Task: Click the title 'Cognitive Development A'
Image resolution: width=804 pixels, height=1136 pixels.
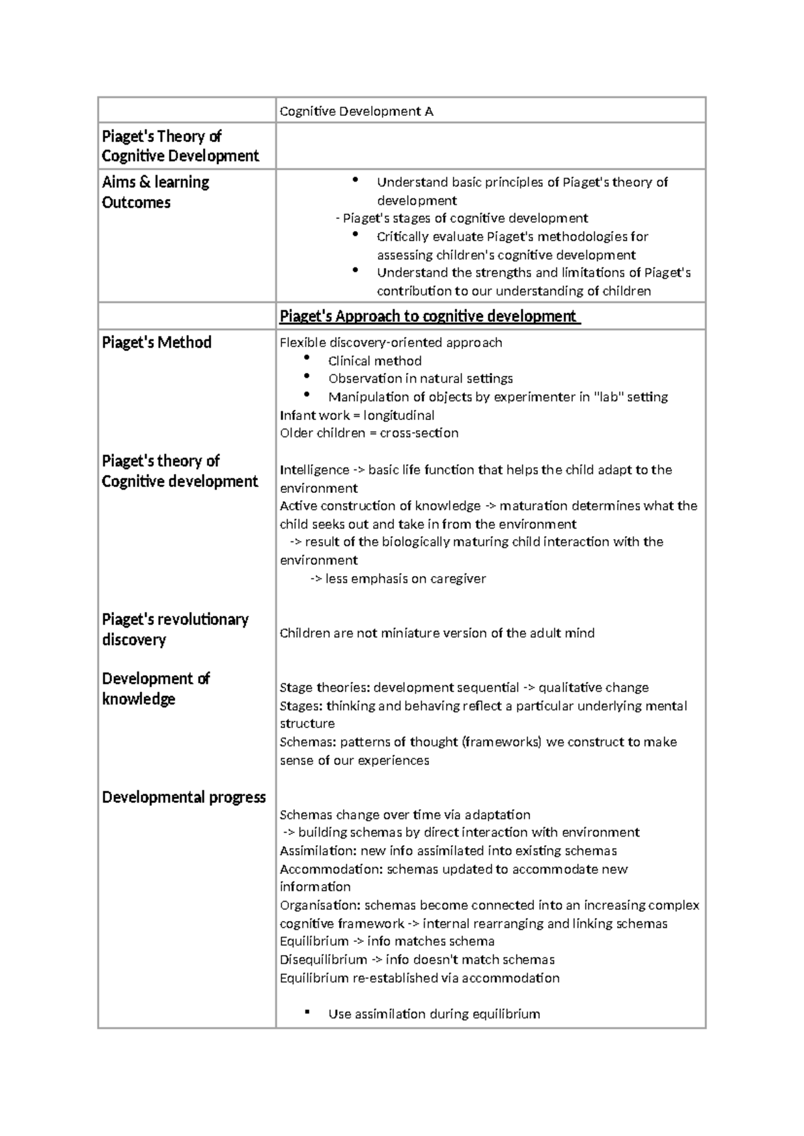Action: point(356,111)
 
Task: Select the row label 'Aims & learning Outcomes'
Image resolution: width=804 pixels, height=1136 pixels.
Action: point(155,192)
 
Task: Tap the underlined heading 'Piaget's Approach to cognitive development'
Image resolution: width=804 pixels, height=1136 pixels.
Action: point(429,316)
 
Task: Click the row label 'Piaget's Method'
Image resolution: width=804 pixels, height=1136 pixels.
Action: point(157,342)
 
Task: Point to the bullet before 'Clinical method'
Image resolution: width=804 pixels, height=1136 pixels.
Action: point(307,360)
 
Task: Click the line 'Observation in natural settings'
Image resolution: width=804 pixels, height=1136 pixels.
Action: point(420,378)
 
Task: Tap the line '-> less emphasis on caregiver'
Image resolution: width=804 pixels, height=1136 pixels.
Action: point(399,579)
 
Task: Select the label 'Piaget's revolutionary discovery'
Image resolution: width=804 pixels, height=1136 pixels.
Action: point(174,629)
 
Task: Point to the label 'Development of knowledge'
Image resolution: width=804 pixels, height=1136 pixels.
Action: point(155,689)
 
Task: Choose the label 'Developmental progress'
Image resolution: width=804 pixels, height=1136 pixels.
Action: point(184,797)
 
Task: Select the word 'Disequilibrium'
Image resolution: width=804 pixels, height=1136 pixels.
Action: point(324,960)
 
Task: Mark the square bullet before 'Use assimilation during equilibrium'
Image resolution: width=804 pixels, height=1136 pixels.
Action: point(307,1012)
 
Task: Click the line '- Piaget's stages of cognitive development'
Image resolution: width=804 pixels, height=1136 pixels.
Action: point(462,218)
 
